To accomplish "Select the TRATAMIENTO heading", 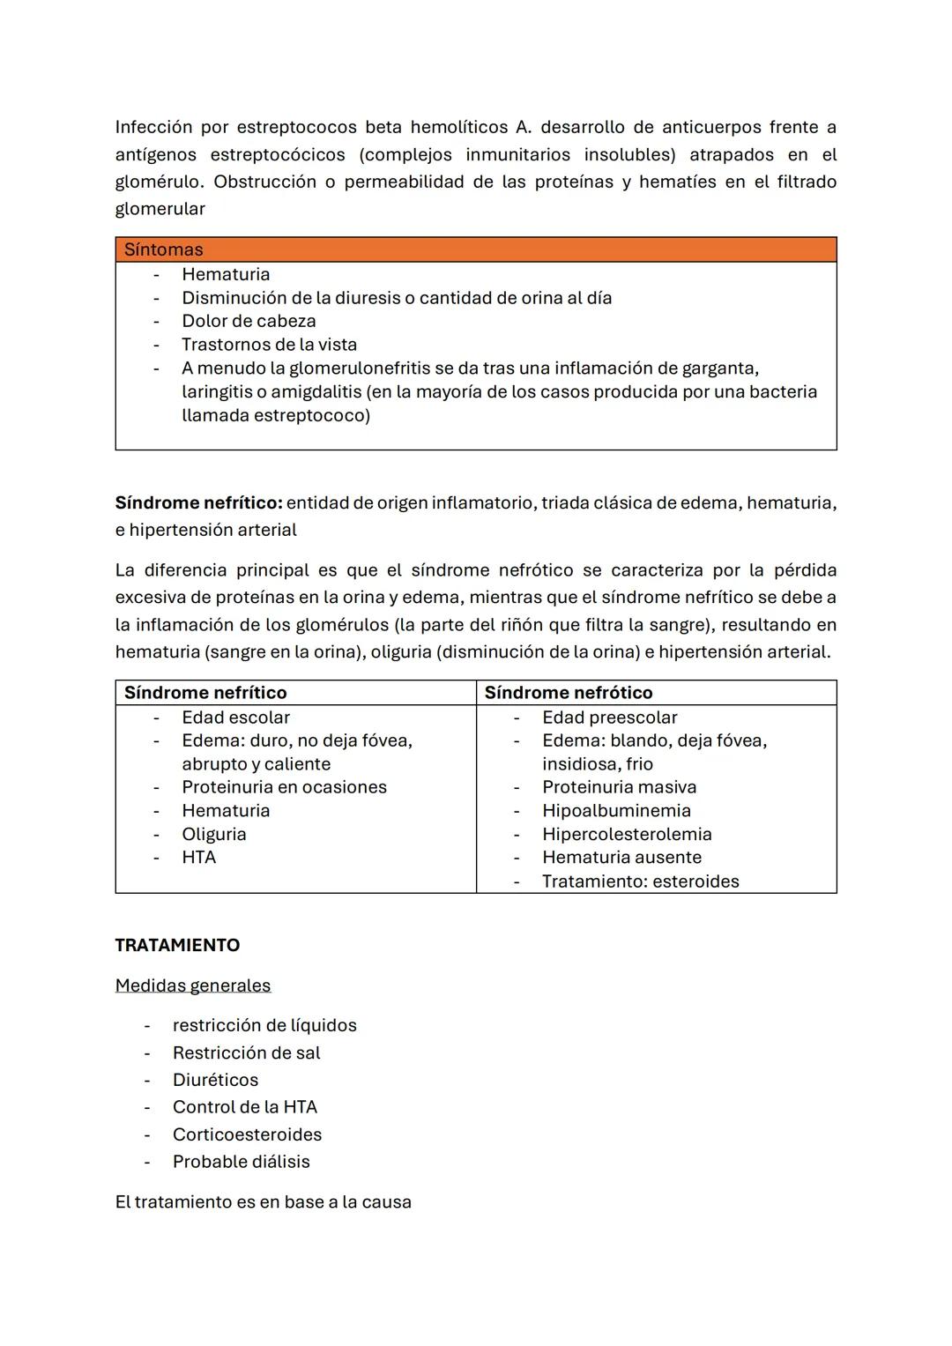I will [x=177, y=945].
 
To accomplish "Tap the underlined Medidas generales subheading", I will [x=192, y=985].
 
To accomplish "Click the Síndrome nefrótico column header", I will [x=569, y=693].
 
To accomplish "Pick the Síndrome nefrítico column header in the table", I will [x=205, y=693].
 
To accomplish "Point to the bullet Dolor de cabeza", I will [x=249, y=321].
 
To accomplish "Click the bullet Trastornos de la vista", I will [x=269, y=345].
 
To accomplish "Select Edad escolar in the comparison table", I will [x=235, y=718].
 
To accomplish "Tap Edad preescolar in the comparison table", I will [x=609, y=718].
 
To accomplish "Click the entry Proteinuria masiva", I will [x=619, y=787].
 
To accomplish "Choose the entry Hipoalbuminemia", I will [x=616, y=811].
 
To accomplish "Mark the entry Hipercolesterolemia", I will [x=627, y=834].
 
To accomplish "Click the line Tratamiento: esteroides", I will [x=640, y=881].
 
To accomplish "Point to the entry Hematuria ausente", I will [x=621, y=858].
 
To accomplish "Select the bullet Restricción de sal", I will [x=246, y=1052].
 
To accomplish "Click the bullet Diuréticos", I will [x=215, y=1080].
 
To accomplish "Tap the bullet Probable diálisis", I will [x=241, y=1162].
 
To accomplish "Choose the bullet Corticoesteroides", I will [x=247, y=1134].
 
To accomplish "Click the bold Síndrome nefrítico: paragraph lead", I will [x=198, y=503].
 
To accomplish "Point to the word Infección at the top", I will [x=153, y=127].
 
